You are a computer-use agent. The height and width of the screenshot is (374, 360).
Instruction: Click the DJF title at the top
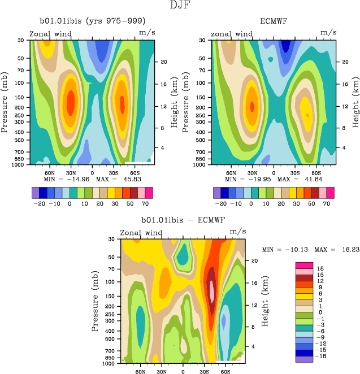(x=180, y=6)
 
